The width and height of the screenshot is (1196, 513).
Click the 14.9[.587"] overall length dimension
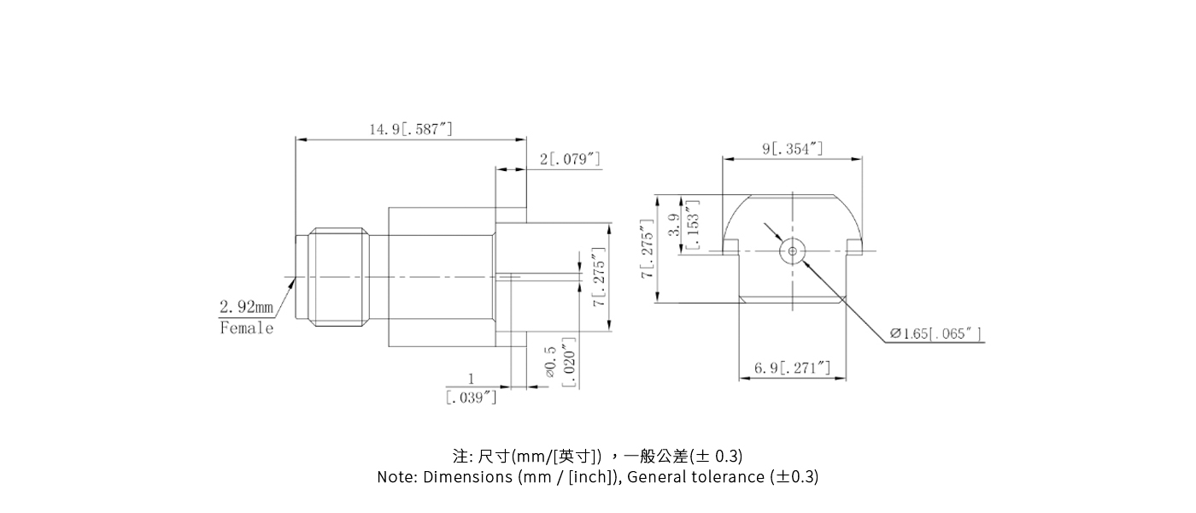point(411,129)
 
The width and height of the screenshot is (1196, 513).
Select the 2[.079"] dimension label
point(570,159)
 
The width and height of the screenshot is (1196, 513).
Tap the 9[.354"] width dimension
point(793,149)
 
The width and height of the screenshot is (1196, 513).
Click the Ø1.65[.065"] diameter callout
point(935,333)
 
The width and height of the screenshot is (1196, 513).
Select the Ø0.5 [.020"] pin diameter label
point(560,363)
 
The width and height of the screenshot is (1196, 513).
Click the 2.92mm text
point(246,306)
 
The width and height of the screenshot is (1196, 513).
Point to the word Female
point(246,327)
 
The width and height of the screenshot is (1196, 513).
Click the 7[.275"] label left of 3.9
point(648,248)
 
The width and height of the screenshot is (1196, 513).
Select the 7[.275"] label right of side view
point(599,277)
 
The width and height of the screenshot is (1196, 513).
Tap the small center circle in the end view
point(793,251)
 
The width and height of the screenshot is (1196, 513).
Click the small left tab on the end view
point(730,247)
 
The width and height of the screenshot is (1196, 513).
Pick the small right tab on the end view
point(854,247)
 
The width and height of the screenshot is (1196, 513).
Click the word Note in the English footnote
point(397,477)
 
